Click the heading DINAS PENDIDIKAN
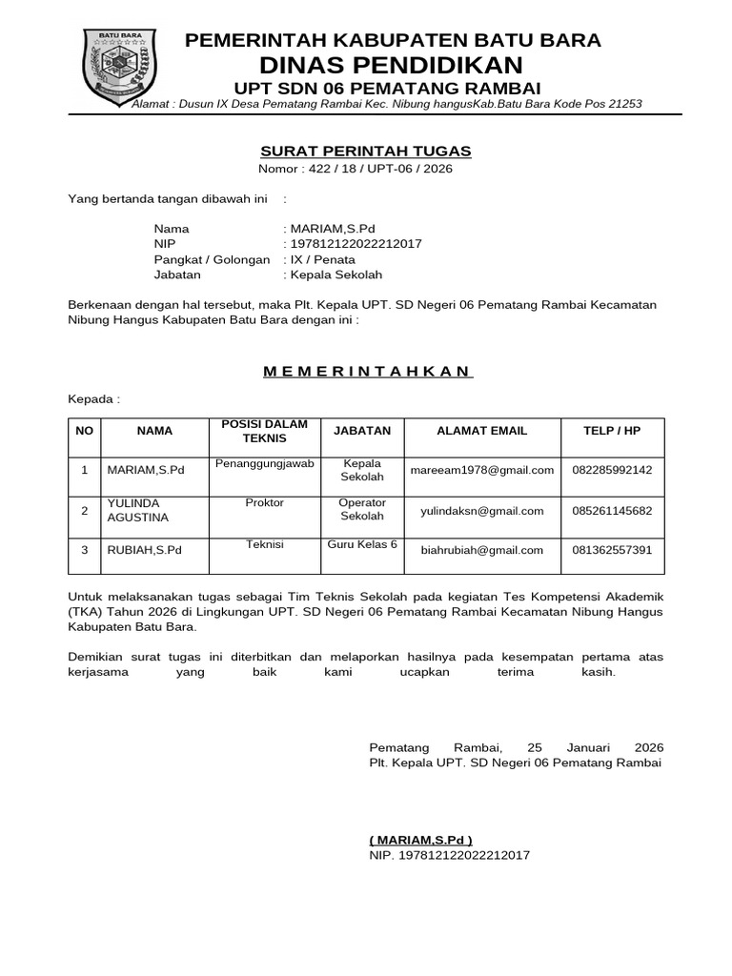(x=393, y=65)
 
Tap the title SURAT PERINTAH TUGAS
(x=366, y=152)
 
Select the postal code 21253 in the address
(x=624, y=104)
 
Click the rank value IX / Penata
(x=323, y=259)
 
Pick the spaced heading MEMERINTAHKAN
(x=368, y=371)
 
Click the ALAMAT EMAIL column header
(x=481, y=431)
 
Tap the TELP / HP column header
(x=612, y=431)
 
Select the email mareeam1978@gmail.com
(x=481, y=470)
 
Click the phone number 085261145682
(x=612, y=511)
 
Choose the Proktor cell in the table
(x=264, y=502)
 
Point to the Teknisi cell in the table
(x=265, y=543)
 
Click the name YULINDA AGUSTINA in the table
(x=138, y=510)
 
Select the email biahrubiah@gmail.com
(x=481, y=550)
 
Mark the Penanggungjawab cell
(x=265, y=463)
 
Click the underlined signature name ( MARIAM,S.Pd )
(x=420, y=840)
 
